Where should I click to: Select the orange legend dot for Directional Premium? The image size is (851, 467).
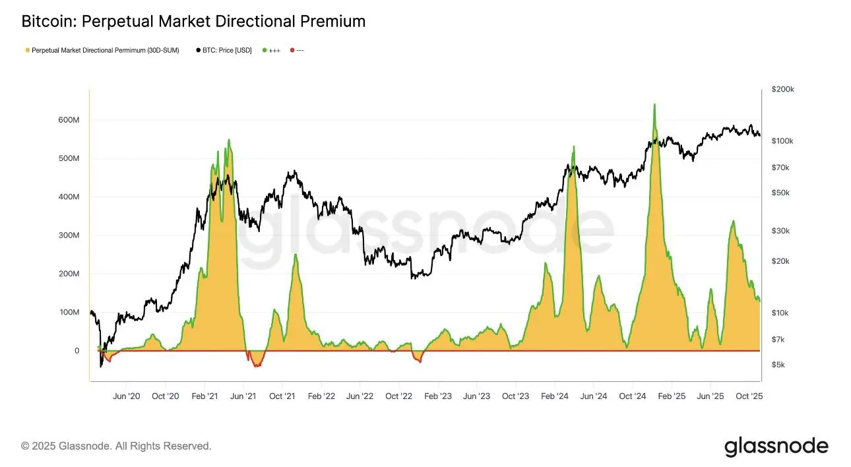pos(26,50)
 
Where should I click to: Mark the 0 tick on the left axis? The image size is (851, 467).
pos(77,351)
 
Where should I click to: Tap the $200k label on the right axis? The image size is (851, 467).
pos(783,89)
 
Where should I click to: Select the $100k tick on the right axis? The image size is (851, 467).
pos(783,141)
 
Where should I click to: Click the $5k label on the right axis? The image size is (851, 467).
pos(779,365)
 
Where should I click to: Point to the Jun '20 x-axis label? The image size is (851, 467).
pos(127,396)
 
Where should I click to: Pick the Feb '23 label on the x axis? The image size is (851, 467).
pos(437,396)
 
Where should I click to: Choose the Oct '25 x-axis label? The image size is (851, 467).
pos(749,396)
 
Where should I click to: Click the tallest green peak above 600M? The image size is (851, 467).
pos(654,104)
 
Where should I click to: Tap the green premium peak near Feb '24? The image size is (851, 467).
pos(573,147)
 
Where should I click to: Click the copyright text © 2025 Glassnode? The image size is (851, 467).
pos(116,447)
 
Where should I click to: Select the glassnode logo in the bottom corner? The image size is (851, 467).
pos(776,447)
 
